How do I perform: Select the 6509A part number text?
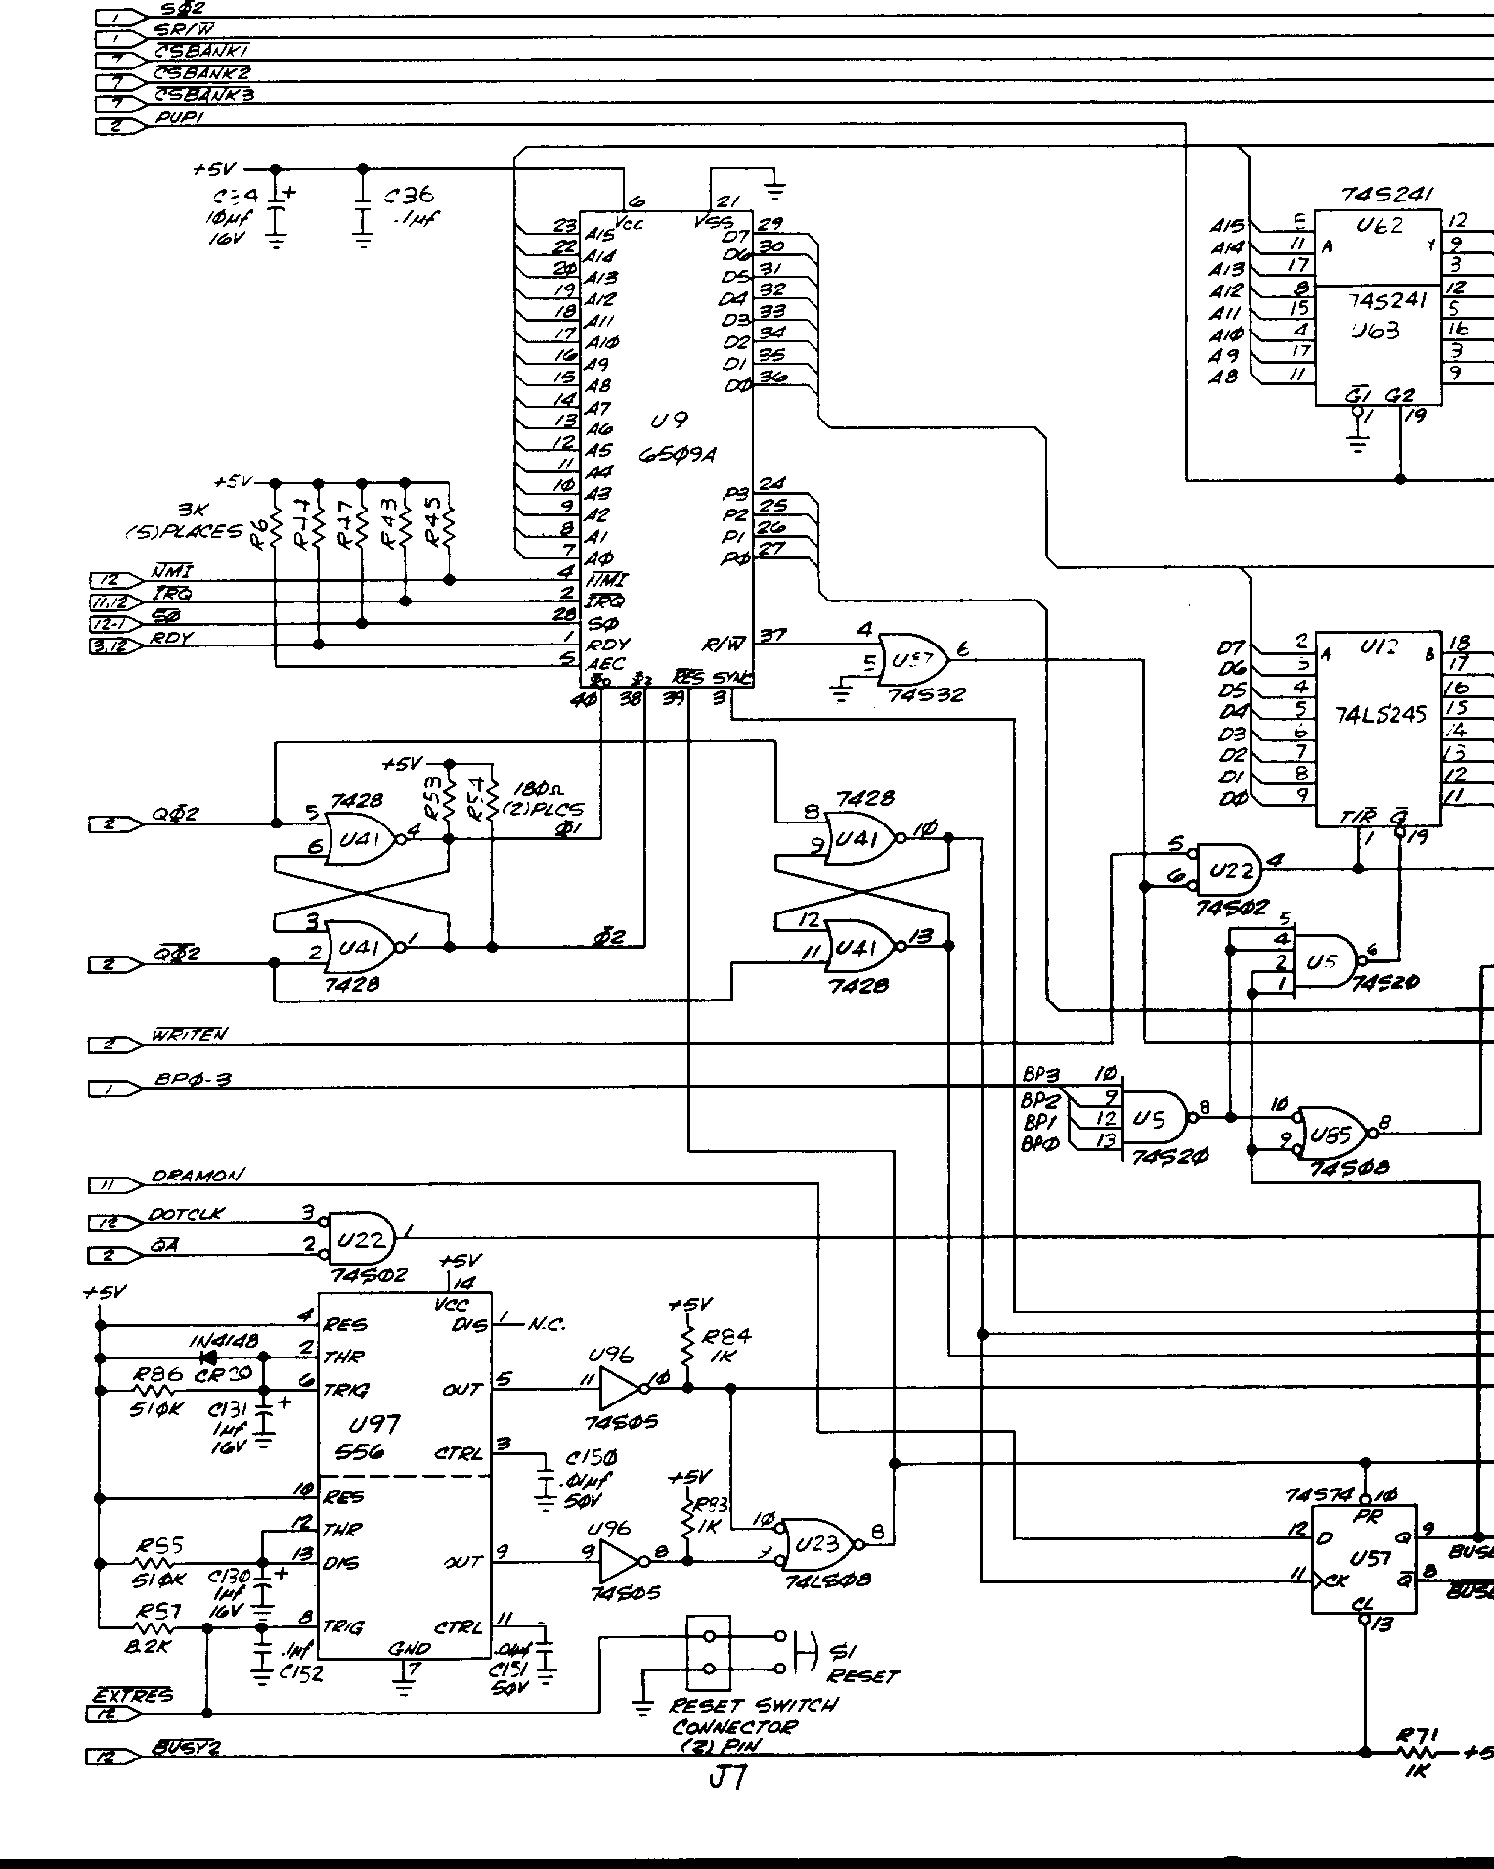678,455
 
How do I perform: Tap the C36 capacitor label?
411,197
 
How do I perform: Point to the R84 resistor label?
727,1336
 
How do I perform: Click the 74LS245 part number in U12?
1380,715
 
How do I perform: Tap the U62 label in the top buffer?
1379,226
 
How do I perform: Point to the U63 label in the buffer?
1378,331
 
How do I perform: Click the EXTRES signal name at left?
132,1694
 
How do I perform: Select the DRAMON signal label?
198,1175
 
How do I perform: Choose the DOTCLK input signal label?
186,1214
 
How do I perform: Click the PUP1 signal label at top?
179,118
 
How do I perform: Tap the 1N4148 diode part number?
224,1341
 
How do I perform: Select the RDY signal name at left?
173,639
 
